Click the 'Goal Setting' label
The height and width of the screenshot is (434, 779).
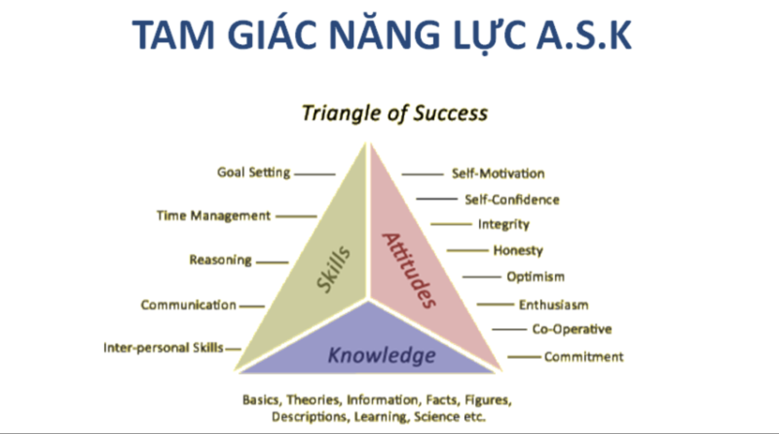254,172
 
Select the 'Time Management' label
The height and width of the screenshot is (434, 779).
213,216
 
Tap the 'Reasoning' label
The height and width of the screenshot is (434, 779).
220,260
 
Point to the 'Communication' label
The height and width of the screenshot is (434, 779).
189,305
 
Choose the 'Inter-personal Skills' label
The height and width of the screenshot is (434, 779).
163,348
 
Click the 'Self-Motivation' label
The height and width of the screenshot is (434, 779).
498,173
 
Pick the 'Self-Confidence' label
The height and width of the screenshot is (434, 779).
512,200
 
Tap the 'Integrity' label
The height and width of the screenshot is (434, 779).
504,225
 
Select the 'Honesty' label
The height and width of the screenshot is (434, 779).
518,251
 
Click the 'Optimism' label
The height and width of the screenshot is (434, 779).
536,277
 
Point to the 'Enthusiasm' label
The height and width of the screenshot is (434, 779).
554,305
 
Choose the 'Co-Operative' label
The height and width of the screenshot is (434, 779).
572,329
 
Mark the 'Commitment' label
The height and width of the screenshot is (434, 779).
584,357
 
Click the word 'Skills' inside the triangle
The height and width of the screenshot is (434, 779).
333,270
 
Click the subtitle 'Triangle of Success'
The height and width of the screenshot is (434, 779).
394,113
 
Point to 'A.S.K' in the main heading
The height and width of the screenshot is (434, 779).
584,35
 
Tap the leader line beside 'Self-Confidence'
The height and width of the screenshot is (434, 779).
436,199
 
